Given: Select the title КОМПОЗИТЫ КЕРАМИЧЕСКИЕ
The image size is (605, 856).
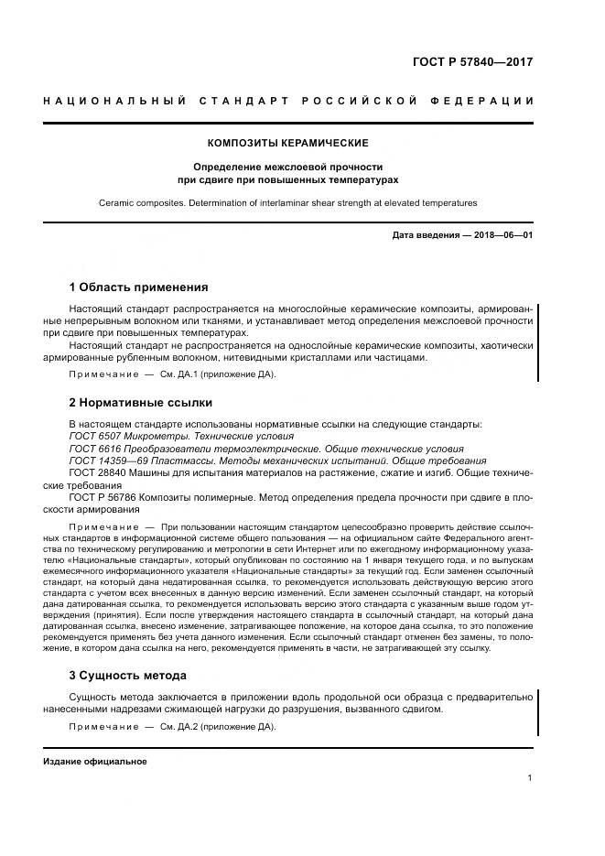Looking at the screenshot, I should click(x=288, y=144).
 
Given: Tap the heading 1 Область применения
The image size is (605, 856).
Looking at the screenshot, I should click(x=138, y=287).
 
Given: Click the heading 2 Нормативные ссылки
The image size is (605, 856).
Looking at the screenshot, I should click(x=140, y=402).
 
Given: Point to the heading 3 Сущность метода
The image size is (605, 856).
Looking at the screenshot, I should click(x=128, y=675).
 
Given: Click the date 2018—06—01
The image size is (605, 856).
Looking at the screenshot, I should click(x=498, y=236).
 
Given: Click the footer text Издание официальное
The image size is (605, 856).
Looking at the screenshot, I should click(x=95, y=761).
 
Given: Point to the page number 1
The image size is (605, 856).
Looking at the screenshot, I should click(x=530, y=778).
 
